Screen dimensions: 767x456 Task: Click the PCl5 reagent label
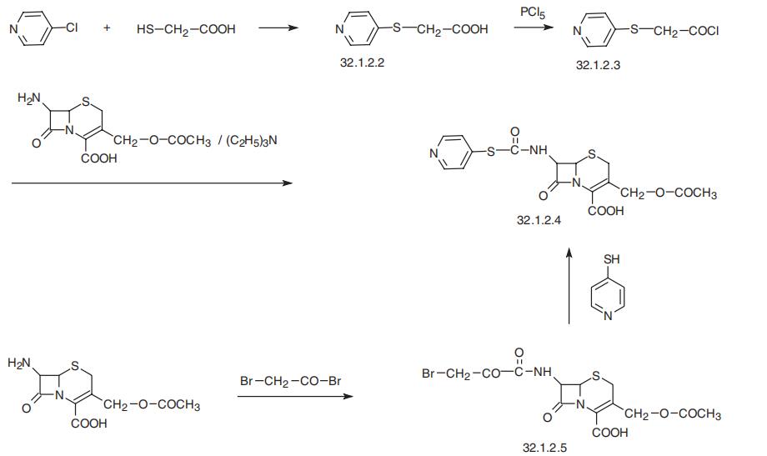[x=532, y=13]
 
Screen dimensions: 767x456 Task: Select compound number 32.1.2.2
[x=362, y=63]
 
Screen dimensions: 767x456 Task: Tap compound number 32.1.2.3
[x=598, y=65]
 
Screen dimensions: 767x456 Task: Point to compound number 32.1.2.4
[x=539, y=220]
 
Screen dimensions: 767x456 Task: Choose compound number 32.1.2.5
[x=544, y=448]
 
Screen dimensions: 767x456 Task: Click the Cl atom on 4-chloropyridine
[x=72, y=28]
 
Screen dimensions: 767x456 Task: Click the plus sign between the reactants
[x=107, y=28]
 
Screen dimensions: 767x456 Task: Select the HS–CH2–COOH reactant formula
[x=186, y=29]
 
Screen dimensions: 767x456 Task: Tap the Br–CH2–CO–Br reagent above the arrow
[x=291, y=381]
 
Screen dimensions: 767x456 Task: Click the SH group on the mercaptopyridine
[x=611, y=258]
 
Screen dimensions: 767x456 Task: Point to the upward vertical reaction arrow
[x=569, y=286]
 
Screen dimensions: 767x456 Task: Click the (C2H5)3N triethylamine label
[x=252, y=141]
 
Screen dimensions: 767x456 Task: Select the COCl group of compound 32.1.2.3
[x=704, y=31]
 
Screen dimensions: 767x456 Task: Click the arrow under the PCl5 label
[x=534, y=28]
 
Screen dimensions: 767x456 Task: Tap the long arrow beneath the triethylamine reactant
[x=152, y=183]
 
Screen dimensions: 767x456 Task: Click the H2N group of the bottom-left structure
[x=19, y=363]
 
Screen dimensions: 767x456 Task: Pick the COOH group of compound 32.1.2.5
[x=610, y=433]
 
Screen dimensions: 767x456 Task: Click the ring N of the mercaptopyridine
[x=608, y=316]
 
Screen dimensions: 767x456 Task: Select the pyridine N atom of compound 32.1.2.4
[x=434, y=153]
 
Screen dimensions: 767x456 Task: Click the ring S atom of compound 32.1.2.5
[x=595, y=376]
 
